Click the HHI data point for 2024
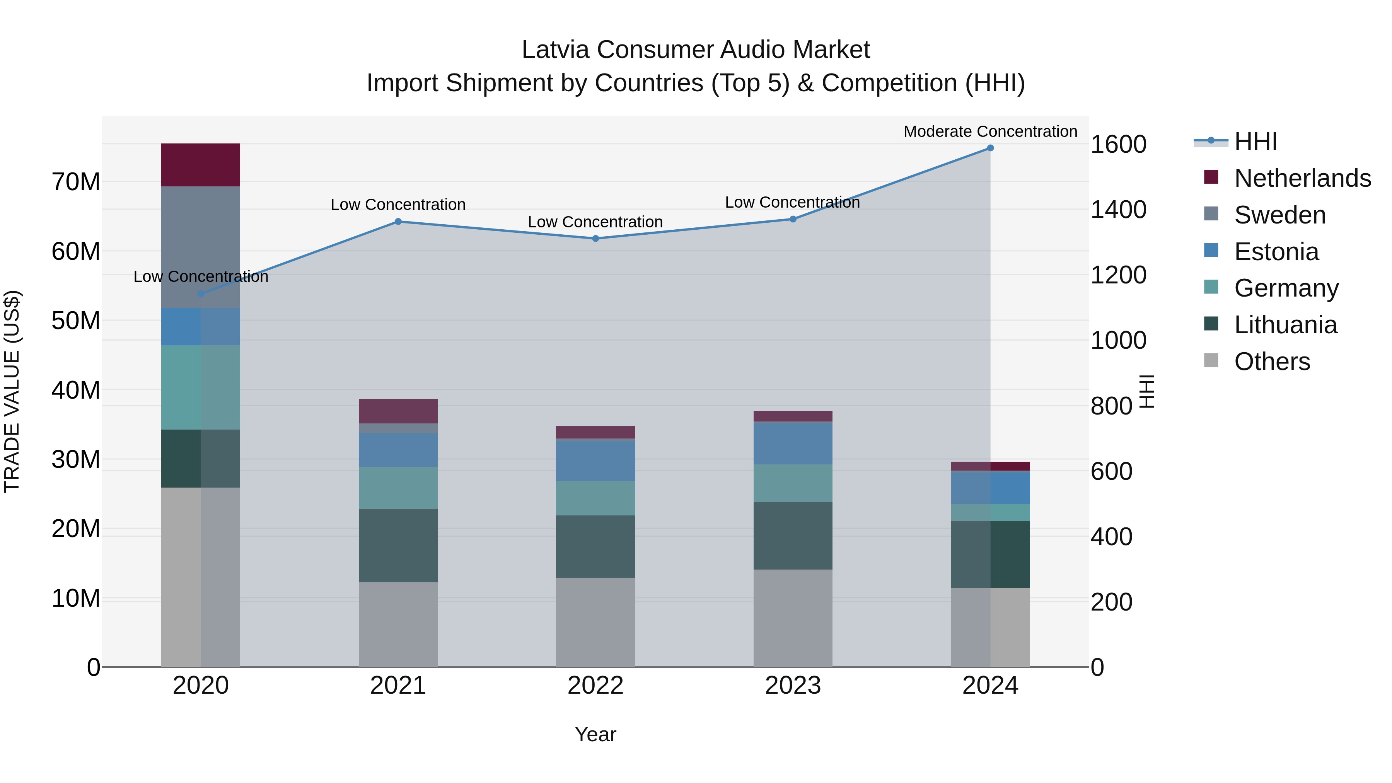(990, 148)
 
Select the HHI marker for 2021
(398, 222)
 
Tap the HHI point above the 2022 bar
(595, 238)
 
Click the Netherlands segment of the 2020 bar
(200, 165)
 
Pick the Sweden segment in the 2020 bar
(200, 247)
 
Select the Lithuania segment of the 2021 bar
(398, 545)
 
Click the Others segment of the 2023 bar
(793, 618)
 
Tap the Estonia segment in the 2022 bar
(595, 461)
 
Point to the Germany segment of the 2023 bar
(793, 483)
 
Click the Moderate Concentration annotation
(990, 131)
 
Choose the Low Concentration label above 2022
(595, 222)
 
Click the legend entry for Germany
(1286, 288)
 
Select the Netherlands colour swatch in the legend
(1211, 177)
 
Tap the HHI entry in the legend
(1255, 142)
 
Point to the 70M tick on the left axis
(76, 182)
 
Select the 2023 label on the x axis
(793, 686)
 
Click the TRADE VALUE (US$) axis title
(12, 391)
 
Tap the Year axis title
(595, 734)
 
